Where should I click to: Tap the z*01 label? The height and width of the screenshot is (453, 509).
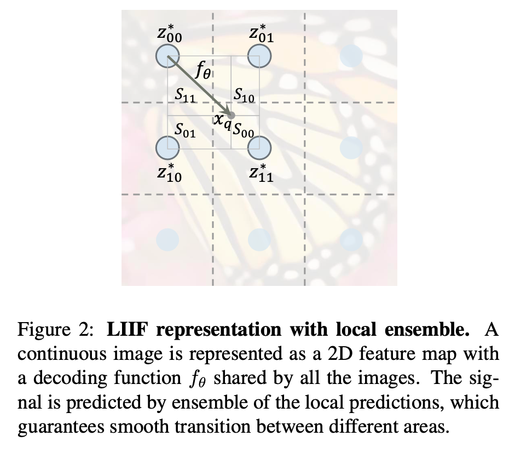pyautogui.click(x=261, y=32)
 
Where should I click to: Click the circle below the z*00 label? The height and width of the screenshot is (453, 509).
pyautogui.click(x=167, y=55)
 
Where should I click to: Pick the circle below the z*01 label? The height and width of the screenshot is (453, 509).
pyautogui.click(x=259, y=55)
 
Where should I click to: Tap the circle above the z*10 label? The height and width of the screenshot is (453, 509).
pyautogui.click(x=167, y=146)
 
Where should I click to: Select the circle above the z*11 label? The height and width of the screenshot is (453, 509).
pyautogui.click(x=259, y=146)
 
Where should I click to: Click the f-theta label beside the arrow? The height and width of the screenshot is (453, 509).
pyautogui.click(x=201, y=71)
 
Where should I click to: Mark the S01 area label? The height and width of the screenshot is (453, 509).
pyautogui.click(x=185, y=130)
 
